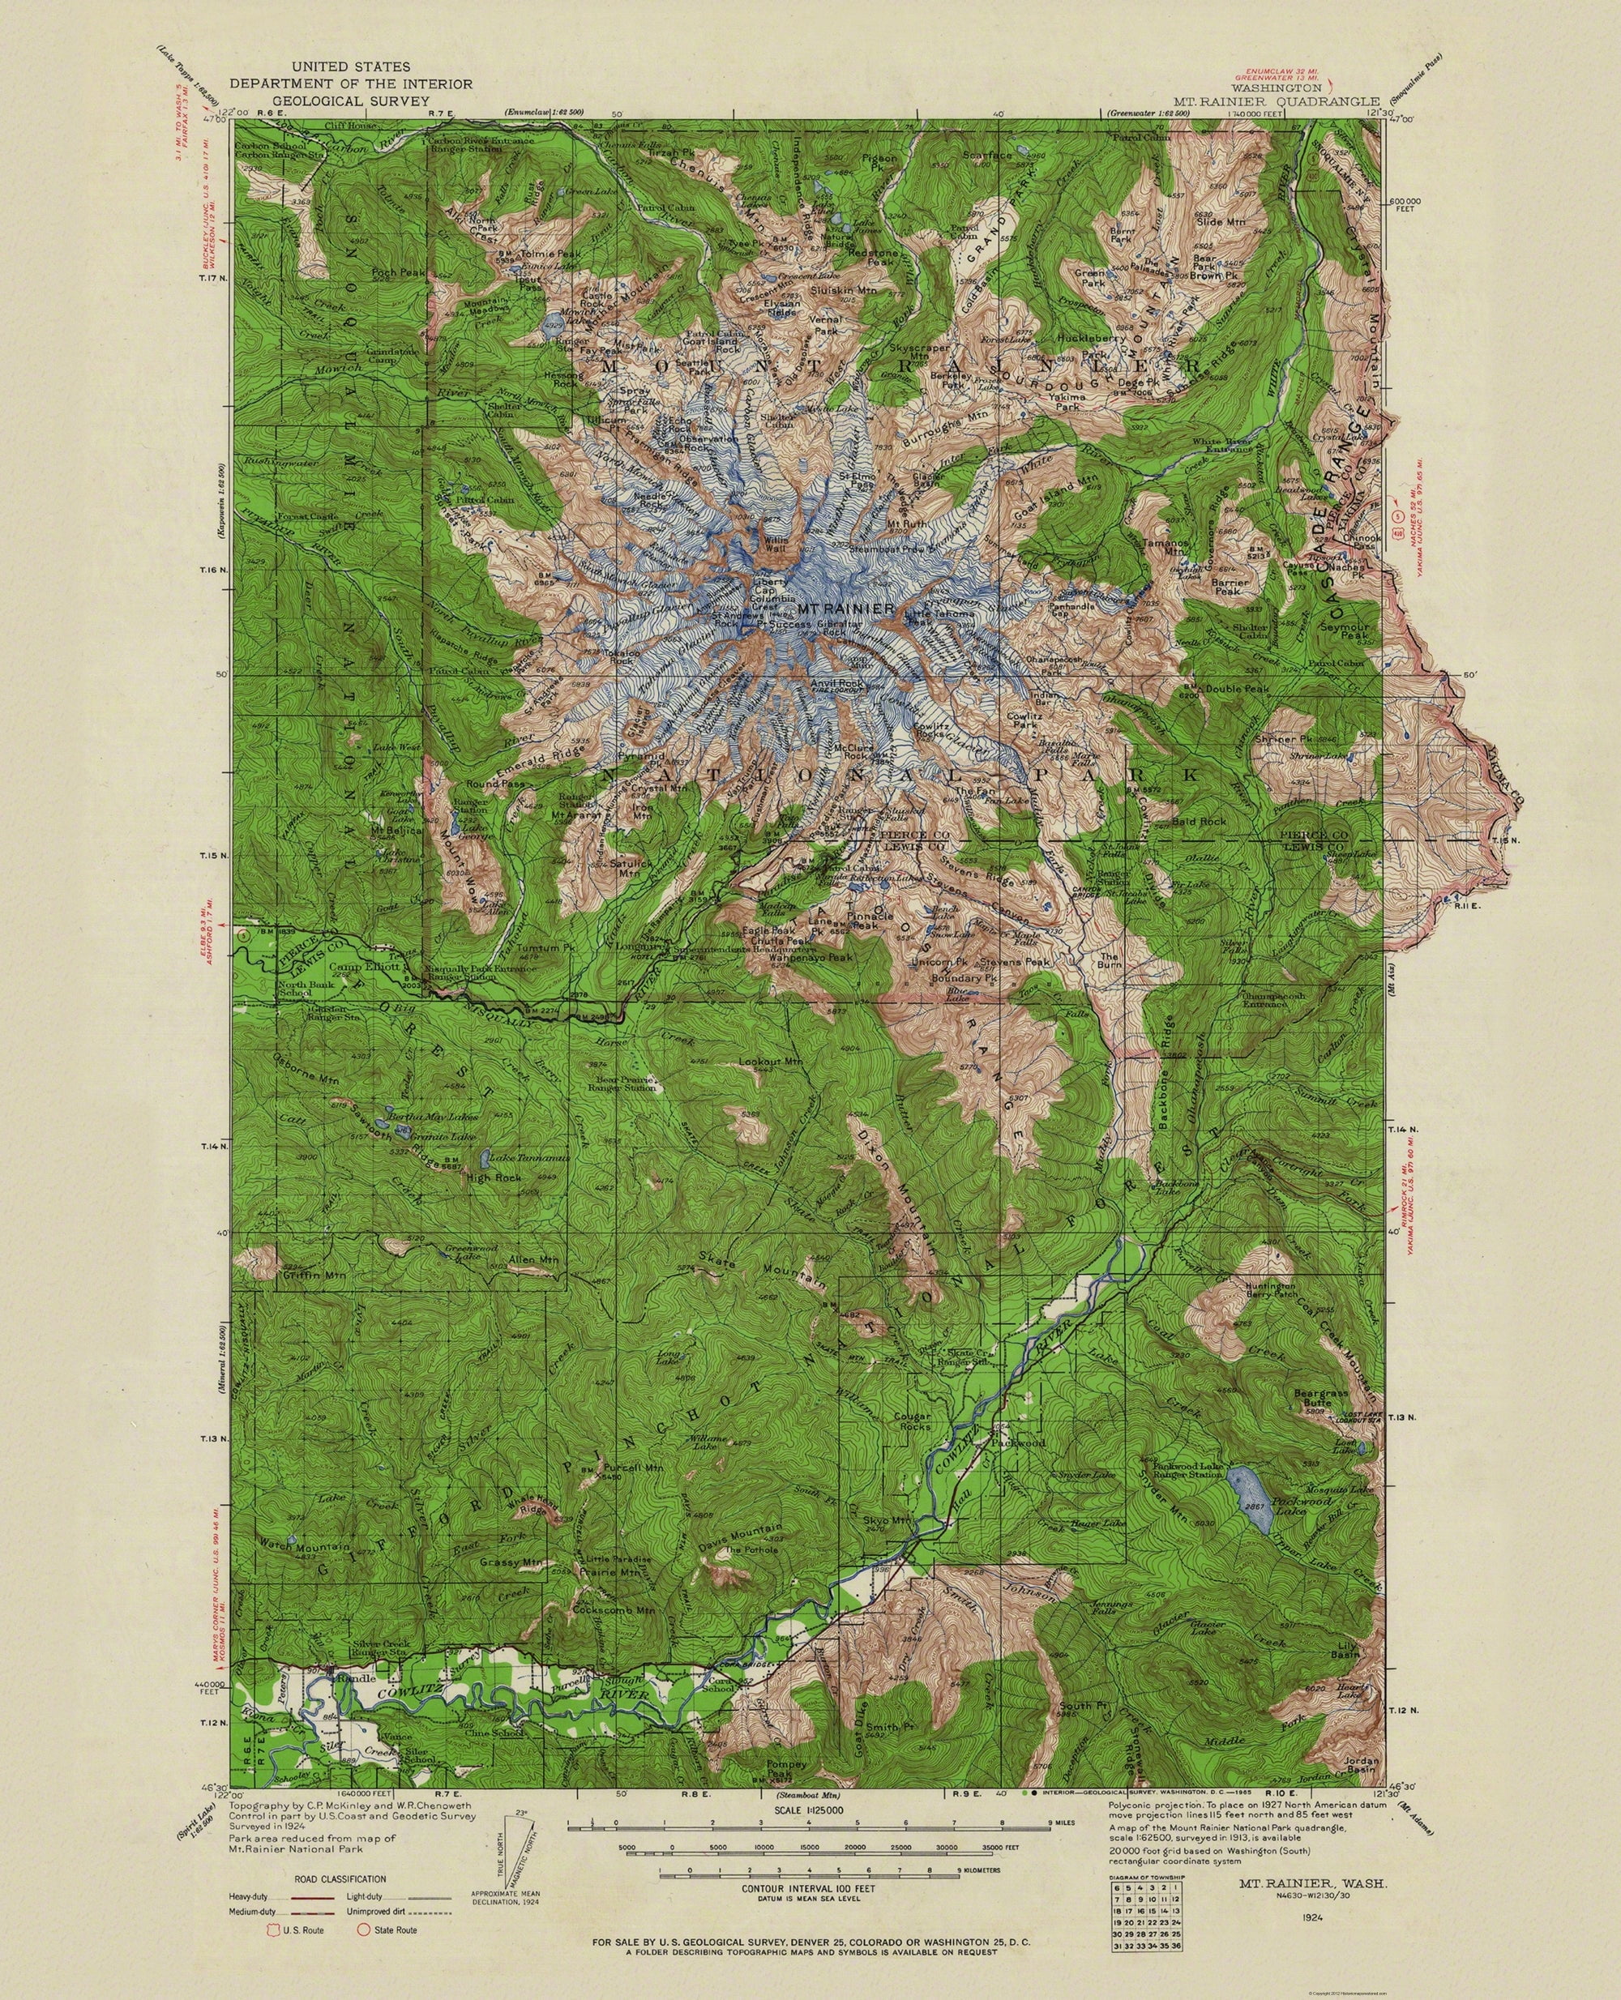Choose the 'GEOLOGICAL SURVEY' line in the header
350,100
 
